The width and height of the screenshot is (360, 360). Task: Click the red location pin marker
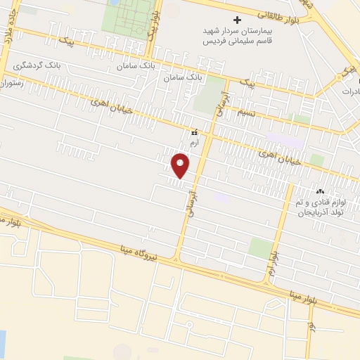pos(181,165)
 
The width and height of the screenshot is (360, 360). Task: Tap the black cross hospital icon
pos(238,20)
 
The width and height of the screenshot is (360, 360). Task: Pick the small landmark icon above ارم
pos(194,131)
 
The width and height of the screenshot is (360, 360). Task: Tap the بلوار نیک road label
pos(151,28)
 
